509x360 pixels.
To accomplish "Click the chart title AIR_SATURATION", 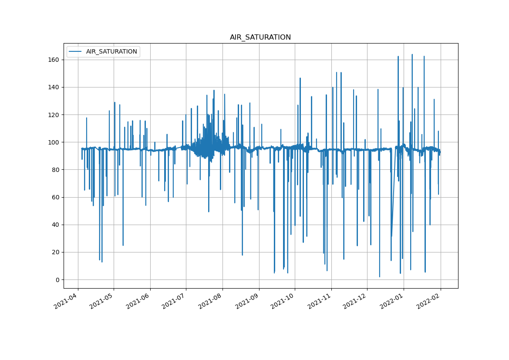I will click(x=260, y=37).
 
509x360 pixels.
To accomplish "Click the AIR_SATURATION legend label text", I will click(x=111, y=52).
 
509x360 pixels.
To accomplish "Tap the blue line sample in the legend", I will click(x=76, y=52).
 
